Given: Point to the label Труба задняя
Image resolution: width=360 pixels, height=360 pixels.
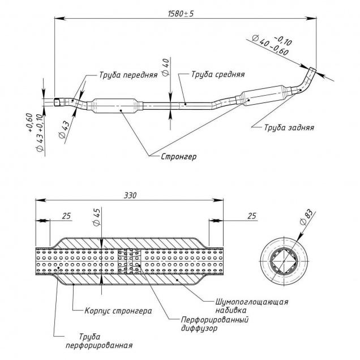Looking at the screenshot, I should pos(289,127).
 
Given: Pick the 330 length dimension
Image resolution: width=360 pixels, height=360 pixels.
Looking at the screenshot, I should pos(131,194).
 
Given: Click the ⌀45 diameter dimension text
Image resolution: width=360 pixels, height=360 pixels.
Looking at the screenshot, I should pos(97,216).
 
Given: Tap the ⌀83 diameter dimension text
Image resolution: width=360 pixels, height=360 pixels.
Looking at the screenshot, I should pos(305,218).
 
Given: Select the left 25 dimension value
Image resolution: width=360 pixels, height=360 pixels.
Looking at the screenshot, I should pos(67,216).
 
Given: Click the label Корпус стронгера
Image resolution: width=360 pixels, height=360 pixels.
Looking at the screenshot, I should pos(118,311).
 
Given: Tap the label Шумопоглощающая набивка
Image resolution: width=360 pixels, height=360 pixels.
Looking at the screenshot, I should pos(252,306).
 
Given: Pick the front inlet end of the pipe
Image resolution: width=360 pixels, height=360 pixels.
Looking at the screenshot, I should pos(58,102).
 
